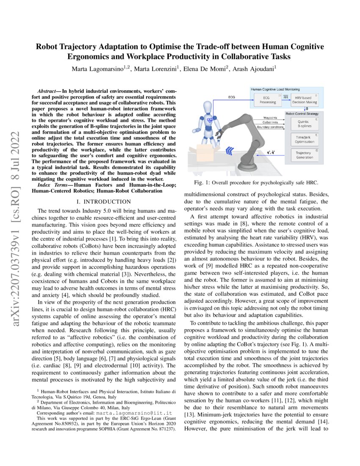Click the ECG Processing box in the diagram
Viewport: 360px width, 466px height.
click(x=267, y=100)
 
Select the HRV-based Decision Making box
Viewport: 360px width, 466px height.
click(x=305, y=100)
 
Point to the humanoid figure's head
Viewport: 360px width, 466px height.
click(x=209, y=107)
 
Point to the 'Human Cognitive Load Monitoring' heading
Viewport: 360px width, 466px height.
click(x=275, y=90)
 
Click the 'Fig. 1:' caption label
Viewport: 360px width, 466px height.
click(x=202, y=183)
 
